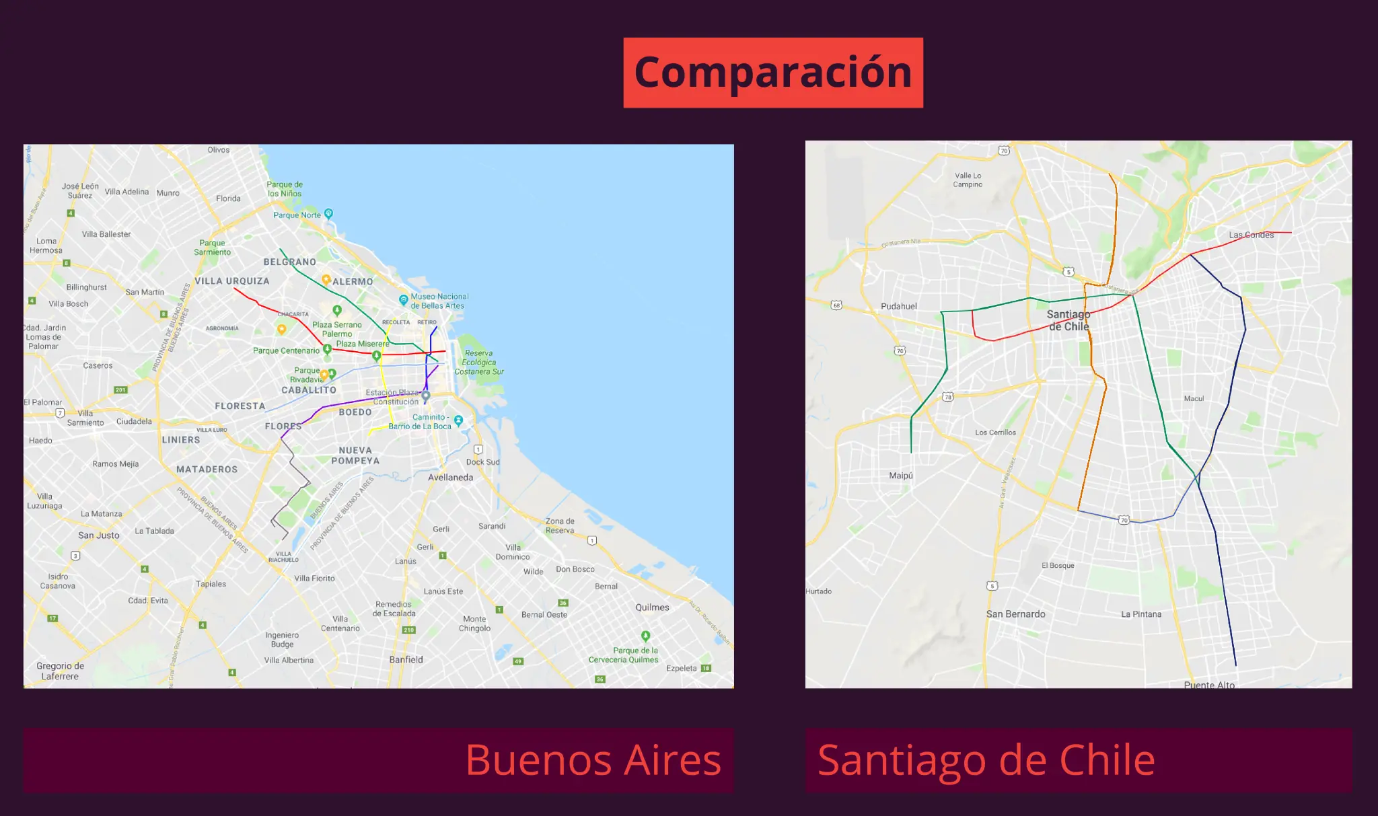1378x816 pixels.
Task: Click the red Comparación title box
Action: [773, 73]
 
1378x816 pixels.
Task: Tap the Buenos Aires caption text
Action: [593, 760]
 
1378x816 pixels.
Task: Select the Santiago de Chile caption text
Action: [986, 760]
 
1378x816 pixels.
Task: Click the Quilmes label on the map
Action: [652, 607]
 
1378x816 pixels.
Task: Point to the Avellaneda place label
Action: [450, 478]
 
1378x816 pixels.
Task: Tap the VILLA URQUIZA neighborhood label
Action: [232, 281]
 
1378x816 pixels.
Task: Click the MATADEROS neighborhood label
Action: [207, 470]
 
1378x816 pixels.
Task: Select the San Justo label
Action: [99, 535]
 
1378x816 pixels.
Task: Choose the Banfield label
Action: [406, 660]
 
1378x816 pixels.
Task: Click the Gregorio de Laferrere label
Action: [60, 671]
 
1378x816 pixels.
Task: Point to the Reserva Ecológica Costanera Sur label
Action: [479, 363]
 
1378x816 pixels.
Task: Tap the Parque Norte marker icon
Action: [328, 213]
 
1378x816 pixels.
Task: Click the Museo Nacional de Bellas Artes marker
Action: [404, 299]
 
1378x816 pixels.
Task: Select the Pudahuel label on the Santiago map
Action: [899, 306]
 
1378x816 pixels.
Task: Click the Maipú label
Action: [901, 476]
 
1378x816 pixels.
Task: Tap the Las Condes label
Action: [1252, 235]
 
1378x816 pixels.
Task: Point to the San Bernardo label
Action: [1015, 614]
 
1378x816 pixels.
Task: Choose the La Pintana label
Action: [1141, 614]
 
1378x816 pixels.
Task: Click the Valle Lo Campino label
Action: [968, 180]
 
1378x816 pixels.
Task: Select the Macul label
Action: [1194, 399]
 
